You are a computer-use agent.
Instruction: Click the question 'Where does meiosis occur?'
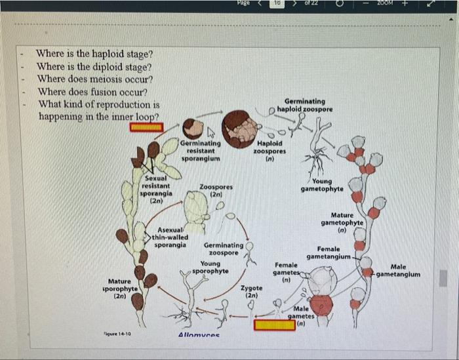tap(96, 79)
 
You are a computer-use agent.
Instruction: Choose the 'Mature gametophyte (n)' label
tap(342, 222)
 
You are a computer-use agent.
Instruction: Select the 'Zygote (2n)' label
tap(251, 292)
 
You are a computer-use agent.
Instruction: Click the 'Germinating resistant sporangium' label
tap(200, 150)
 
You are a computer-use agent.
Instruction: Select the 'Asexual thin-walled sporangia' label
tap(170, 237)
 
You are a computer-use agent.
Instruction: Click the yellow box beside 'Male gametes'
tap(275, 323)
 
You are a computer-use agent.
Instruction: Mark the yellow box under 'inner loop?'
tap(146, 127)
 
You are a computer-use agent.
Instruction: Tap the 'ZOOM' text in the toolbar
tap(386, 4)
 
